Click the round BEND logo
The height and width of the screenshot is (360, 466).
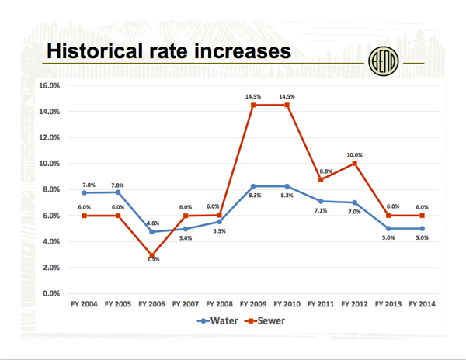point(381,61)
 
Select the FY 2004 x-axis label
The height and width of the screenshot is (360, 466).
point(84,304)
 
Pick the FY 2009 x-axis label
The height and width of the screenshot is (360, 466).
point(253,304)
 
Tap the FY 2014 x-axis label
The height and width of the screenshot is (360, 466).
point(422,304)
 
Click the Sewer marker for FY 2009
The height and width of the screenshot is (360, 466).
point(253,105)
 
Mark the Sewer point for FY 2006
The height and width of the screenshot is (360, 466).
point(152,255)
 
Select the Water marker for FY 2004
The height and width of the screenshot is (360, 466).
point(84,192)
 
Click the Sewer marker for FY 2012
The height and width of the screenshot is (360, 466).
point(354,164)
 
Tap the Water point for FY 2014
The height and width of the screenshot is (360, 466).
point(422,228)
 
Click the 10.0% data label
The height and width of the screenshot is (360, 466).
point(354,154)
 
